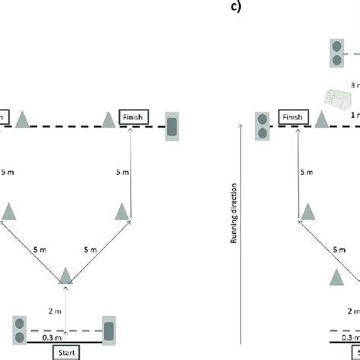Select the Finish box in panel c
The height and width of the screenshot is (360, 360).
[293, 118]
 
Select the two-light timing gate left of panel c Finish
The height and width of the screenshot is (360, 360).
[263, 126]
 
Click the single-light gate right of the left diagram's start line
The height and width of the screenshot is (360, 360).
[109, 330]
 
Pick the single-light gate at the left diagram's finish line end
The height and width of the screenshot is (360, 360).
[172, 127]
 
